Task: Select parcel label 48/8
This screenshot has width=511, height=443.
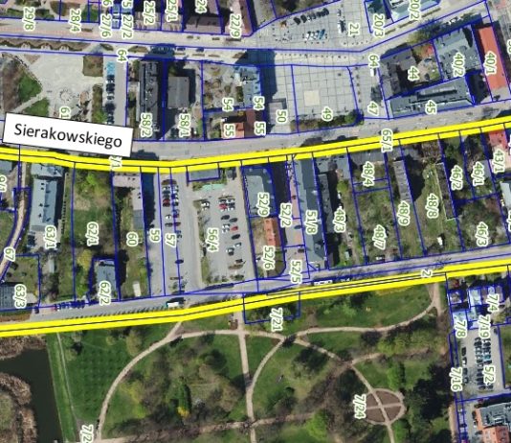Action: pyautogui.click(x=433, y=205)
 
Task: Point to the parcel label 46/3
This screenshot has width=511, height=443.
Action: pyautogui.click(x=481, y=232)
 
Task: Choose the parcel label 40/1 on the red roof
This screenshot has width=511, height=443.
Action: pyautogui.click(x=491, y=63)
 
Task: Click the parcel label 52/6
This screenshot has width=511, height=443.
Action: pyautogui.click(x=269, y=259)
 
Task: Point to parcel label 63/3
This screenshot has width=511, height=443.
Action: pyautogui.click(x=20, y=296)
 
